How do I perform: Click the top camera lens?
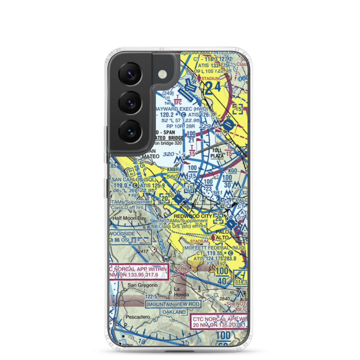(x=130, y=75)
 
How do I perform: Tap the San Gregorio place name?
(x=142, y=285)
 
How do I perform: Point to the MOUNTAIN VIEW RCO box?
(x=173, y=304)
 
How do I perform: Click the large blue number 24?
(x=213, y=88)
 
